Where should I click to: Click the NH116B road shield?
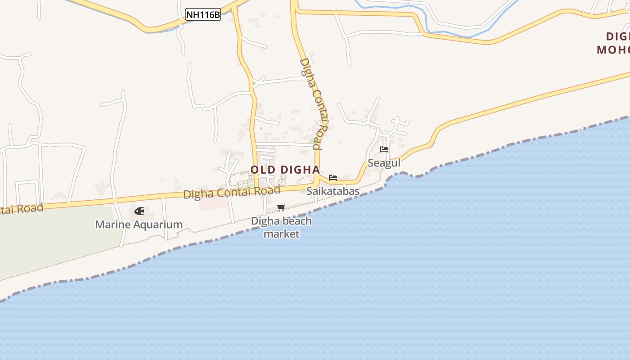pos(203,15)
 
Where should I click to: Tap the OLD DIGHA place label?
pos(285,170)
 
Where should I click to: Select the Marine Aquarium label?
pos(139,225)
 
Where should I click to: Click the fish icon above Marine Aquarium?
pos(139,211)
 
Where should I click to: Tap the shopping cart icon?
pos(281,207)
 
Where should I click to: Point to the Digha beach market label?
pos(281,227)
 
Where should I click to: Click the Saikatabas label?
pos(333,191)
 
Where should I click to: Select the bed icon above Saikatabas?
pos(333,177)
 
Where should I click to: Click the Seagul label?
pos(384,163)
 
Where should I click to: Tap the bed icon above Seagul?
pos(384,149)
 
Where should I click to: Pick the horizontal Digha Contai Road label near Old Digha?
pos(232,192)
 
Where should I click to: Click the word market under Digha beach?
pos(281,234)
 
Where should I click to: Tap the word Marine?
pos(111,225)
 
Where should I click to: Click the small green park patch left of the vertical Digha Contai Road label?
pos(311,141)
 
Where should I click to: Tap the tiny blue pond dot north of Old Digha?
pos(261,128)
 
